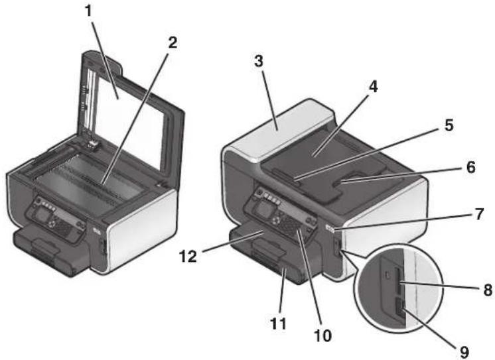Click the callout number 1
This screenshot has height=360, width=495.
click(x=90, y=11)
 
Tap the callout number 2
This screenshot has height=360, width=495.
click(x=173, y=43)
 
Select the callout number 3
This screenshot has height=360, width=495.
click(x=259, y=61)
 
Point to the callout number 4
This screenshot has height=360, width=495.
click(x=373, y=87)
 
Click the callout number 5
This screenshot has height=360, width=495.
click(x=449, y=125)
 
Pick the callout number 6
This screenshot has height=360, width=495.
click(x=470, y=167)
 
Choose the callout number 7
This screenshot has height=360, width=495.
click(x=479, y=214)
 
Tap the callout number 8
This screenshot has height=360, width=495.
click(x=488, y=290)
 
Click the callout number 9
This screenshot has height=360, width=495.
click(x=464, y=352)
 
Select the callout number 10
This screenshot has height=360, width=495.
click(x=323, y=335)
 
